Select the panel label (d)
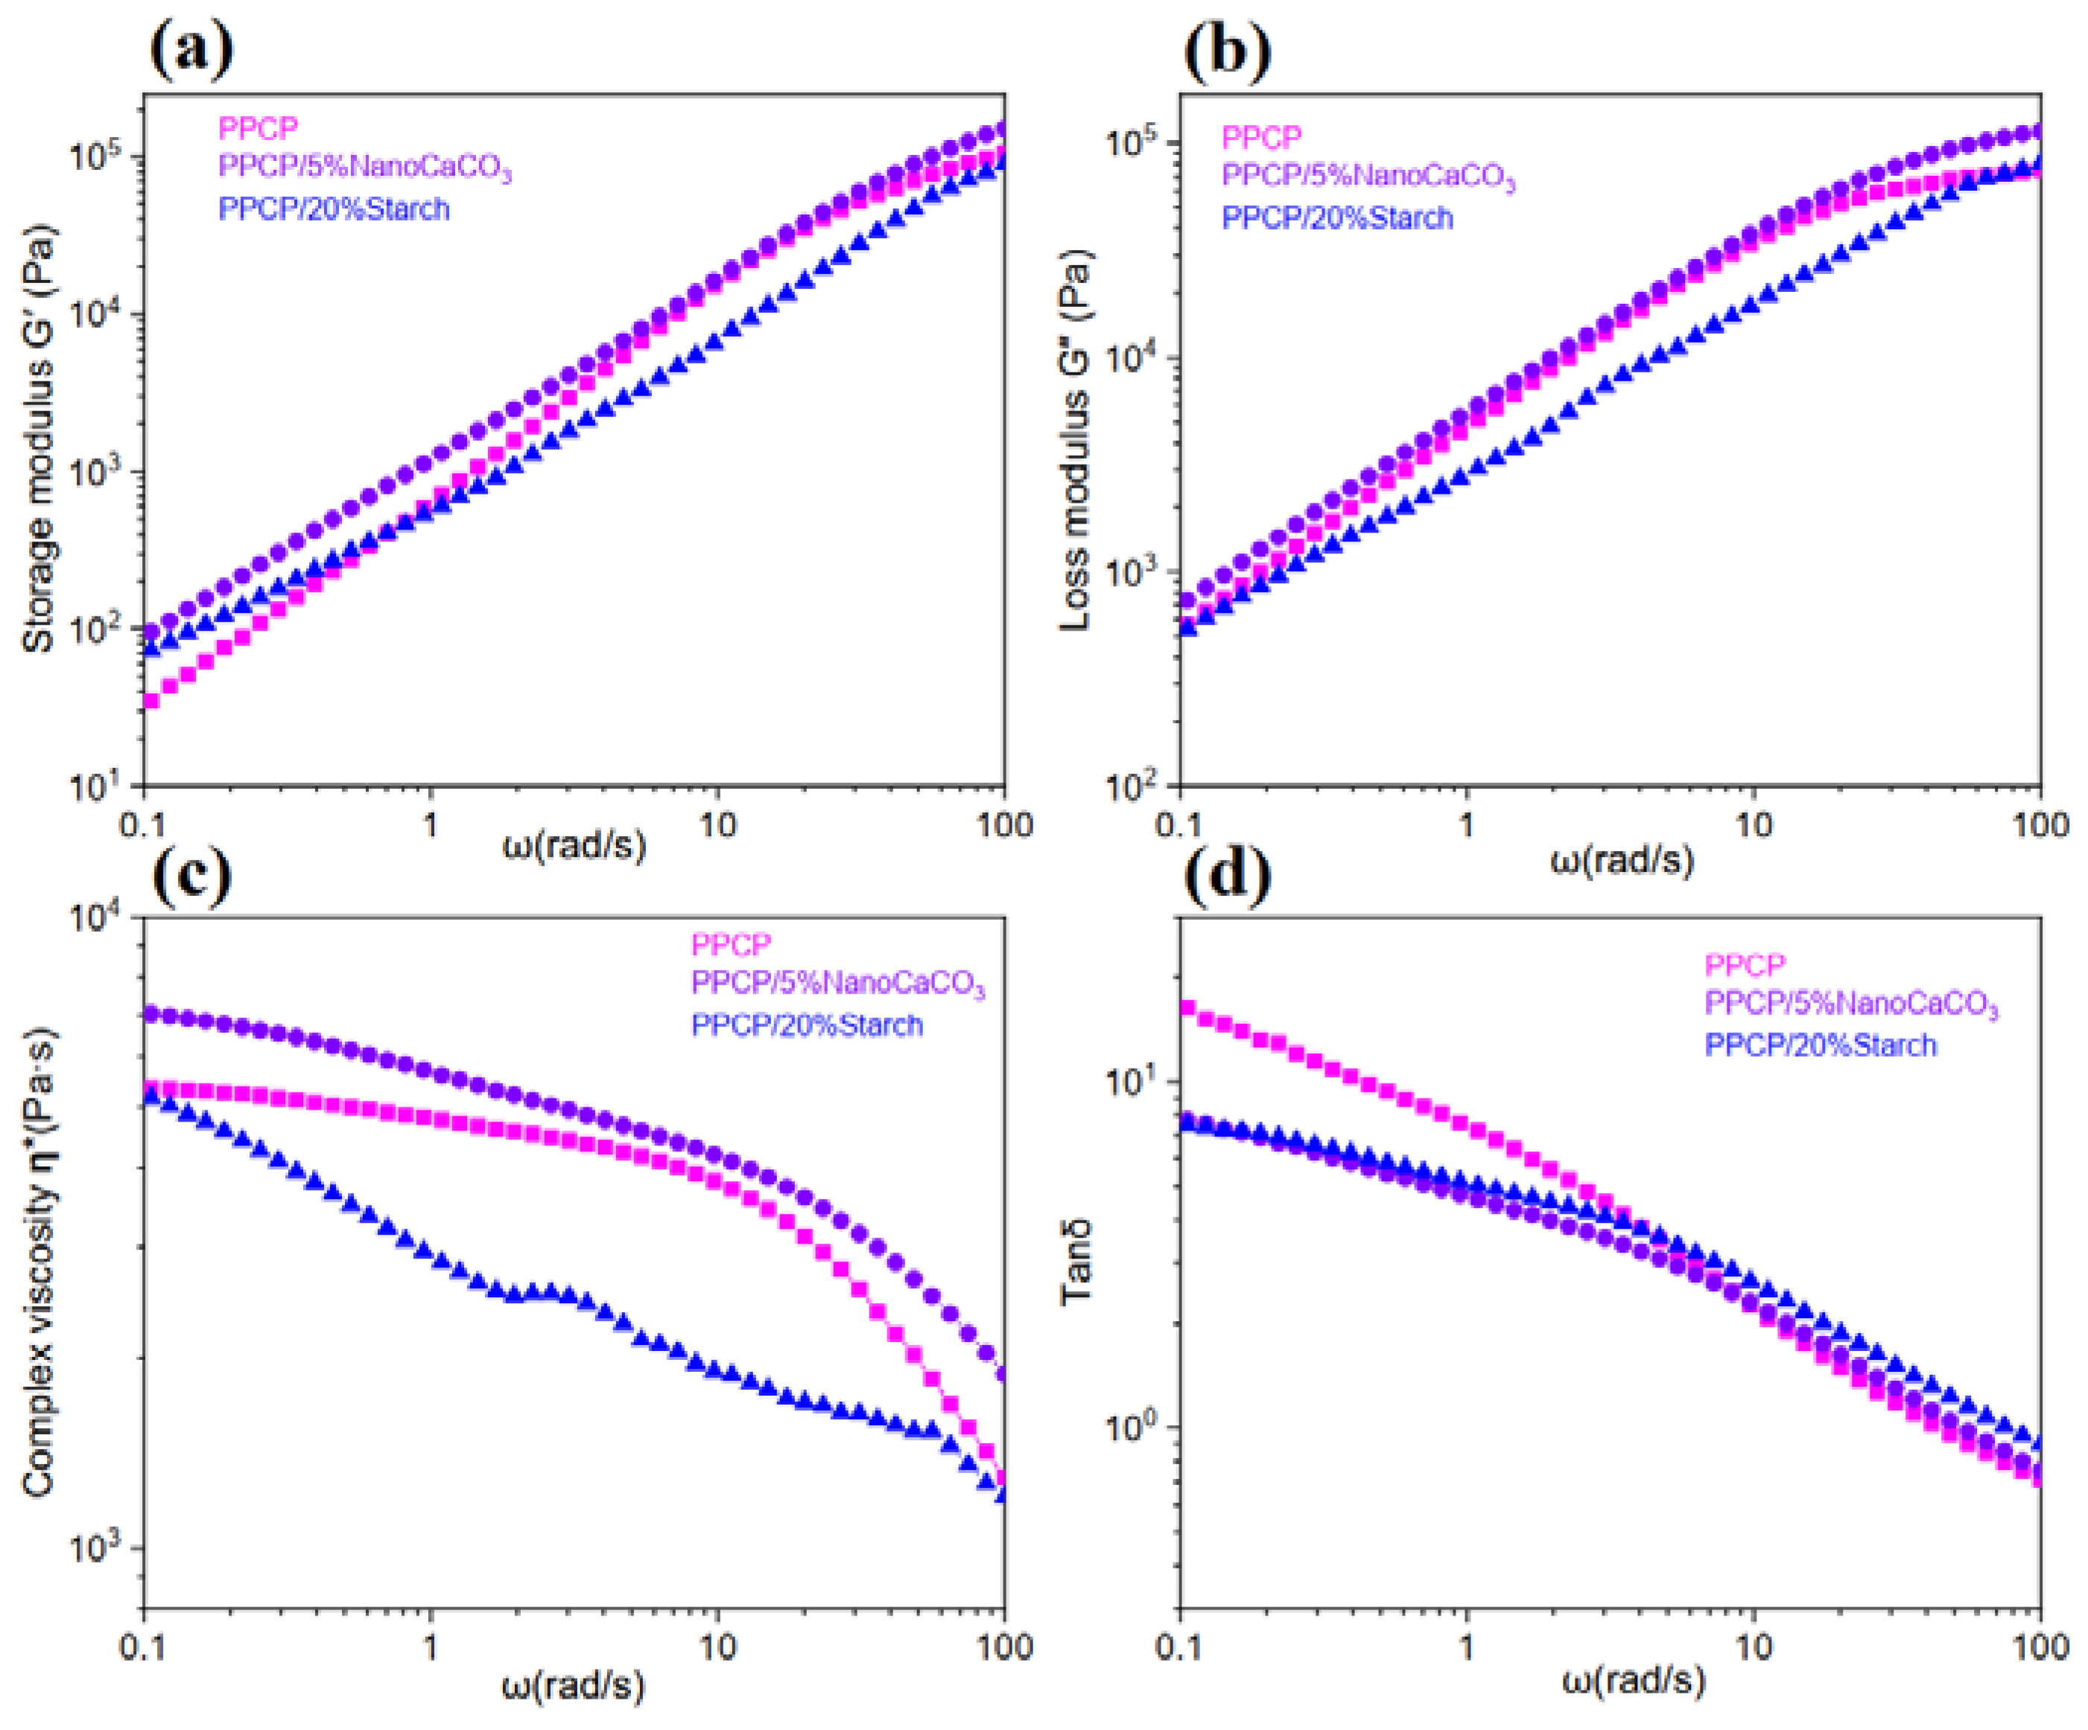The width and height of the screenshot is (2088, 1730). coord(1227,875)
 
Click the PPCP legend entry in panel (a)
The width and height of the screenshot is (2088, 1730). coord(258,128)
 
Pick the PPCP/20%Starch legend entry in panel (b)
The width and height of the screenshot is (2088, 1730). coord(1336,217)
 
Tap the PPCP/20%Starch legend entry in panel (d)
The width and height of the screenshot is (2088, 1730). coord(1820,1046)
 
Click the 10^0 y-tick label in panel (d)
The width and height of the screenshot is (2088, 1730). coord(1135,1427)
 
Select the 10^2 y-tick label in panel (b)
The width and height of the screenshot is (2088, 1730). coord(1135,786)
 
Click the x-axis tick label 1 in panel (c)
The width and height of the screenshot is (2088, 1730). coord(430,1649)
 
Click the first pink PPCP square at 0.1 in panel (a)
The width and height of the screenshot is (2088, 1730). coord(151,701)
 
